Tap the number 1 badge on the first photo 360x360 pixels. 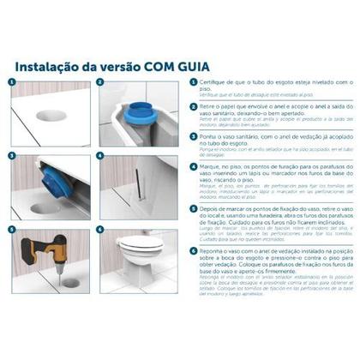12,83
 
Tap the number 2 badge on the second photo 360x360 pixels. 100,83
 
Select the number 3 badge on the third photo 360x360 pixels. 12,157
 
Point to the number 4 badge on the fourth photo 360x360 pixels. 100,157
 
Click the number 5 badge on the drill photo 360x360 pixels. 12,231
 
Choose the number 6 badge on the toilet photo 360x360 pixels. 100,231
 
